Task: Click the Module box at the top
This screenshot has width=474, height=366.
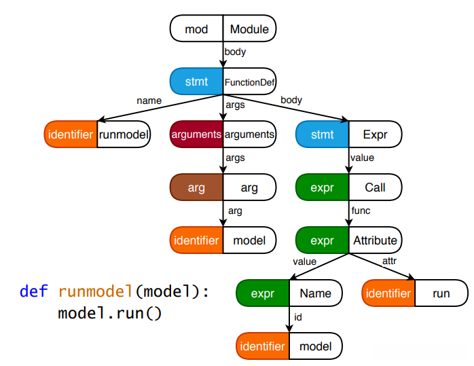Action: tap(249, 29)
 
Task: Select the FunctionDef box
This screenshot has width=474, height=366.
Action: tap(249, 82)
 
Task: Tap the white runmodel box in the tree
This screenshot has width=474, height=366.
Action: tap(124, 134)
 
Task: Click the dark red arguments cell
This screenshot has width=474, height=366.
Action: tap(196, 134)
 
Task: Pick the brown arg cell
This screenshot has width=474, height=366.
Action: tap(196, 187)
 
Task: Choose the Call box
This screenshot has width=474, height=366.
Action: tap(375, 187)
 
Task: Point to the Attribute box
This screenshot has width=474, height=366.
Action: tap(375, 240)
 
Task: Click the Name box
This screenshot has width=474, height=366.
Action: tap(315, 293)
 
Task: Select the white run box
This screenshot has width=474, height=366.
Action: tap(441, 293)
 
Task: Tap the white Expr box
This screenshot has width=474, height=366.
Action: tap(375, 134)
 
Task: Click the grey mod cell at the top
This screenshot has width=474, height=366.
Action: tap(196, 29)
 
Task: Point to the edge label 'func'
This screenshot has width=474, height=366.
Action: tap(361, 211)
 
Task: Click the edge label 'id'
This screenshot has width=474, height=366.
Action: tap(297, 316)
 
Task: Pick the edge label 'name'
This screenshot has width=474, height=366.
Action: tap(149, 100)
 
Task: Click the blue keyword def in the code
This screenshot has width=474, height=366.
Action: tap(33, 292)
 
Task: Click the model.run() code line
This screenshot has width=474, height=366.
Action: tap(109, 314)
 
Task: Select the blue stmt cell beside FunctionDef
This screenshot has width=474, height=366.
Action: tap(196, 82)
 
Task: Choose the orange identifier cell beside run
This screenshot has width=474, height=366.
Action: tap(388, 293)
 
